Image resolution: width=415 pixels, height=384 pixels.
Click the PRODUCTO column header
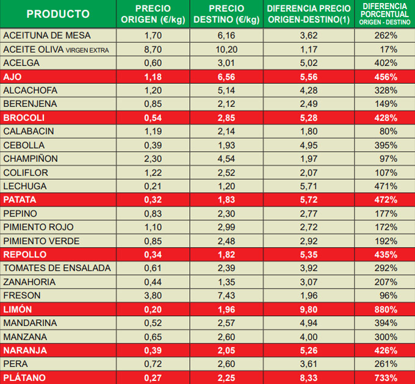58,14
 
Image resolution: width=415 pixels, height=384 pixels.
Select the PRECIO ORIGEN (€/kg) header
153,14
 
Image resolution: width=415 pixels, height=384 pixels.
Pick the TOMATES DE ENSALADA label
57,268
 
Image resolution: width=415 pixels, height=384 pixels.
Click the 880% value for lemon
386,309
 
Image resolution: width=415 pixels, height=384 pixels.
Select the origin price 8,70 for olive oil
153,50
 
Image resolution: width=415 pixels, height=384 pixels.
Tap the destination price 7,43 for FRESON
226,296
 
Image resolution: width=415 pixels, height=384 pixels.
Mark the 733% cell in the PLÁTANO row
386,378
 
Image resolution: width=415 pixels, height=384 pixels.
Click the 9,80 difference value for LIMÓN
309,309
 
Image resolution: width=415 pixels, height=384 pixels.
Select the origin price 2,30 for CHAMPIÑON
153,159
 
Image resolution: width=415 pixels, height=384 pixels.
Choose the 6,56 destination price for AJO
226,77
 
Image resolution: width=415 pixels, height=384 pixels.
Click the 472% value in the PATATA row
386,200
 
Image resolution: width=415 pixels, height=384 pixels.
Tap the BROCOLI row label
24,118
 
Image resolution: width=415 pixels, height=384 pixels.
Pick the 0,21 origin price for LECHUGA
153,186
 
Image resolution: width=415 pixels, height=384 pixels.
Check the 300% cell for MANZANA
386,337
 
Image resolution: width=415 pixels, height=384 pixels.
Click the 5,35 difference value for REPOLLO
309,254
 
